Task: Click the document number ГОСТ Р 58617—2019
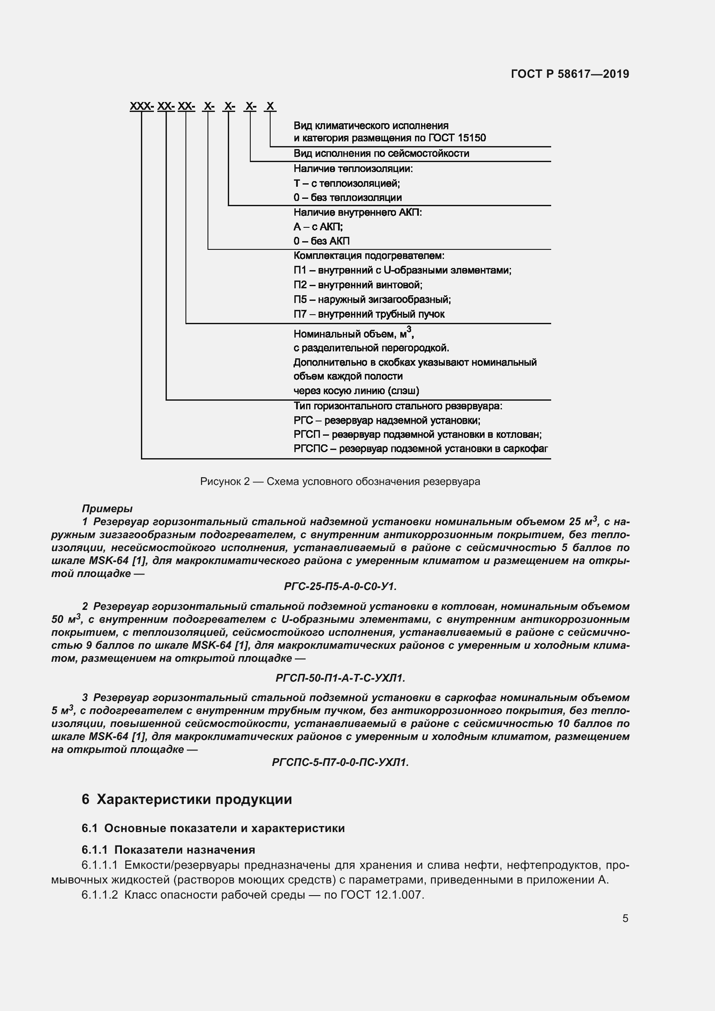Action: pyautogui.click(x=570, y=74)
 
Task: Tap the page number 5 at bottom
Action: pyautogui.click(x=625, y=918)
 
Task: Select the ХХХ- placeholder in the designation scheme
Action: pyautogui.click(x=141, y=106)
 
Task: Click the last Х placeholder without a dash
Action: pyautogui.click(x=270, y=106)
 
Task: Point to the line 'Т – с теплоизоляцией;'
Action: pyautogui.click(x=347, y=183)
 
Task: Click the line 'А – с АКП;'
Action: pyautogui.click(x=318, y=227)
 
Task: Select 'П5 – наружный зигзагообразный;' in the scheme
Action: pyautogui.click(x=372, y=300)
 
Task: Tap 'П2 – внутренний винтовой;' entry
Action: pyautogui.click(x=357, y=285)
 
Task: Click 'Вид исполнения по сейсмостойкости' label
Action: pyautogui.click(x=381, y=154)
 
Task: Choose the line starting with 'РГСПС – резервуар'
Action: pyautogui.click(x=421, y=449)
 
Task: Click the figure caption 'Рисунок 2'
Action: pyautogui.click(x=339, y=481)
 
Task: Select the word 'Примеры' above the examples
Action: pyautogui.click(x=107, y=509)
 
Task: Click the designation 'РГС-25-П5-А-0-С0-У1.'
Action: pyautogui.click(x=340, y=587)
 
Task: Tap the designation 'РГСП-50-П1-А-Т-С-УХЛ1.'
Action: pyautogui.click(x=340, y=678)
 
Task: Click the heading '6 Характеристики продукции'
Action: pyautogui.click(x=187, y=799)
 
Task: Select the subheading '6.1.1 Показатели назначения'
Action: pyautogui.click(x=168, y=849)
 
